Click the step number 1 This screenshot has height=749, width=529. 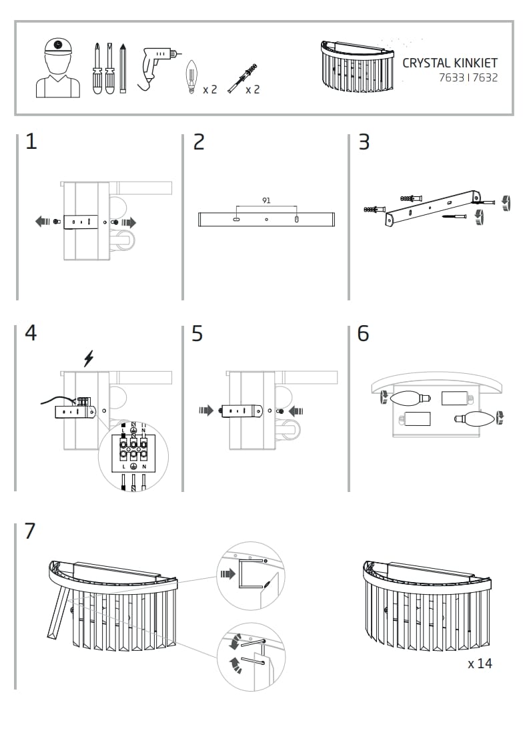tap(31, 142)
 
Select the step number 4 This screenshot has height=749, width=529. tap(31, 333)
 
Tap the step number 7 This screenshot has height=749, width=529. tap(30, 531)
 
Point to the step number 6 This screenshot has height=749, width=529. tap(363, 333)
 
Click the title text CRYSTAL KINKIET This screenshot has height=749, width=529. tap(450, 63)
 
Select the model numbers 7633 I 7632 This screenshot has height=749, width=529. tap(468, 77)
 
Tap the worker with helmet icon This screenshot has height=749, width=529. tap(57, 67)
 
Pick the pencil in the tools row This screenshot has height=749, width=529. tap(123, 68)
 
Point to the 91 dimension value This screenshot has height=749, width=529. tap(267, 200)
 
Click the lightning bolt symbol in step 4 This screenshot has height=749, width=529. tap(88, 358)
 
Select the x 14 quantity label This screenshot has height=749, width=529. tap(480, 664)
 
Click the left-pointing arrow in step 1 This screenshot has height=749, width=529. tap(43, 222)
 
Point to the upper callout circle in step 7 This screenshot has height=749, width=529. tap(251, 575)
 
